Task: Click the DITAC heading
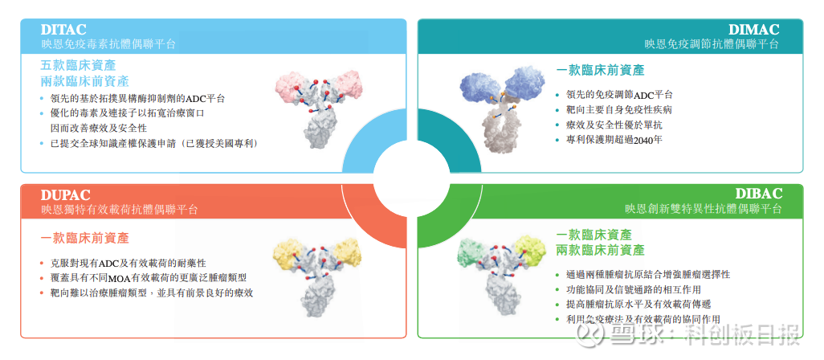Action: point(63,30)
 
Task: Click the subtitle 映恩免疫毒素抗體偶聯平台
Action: point(108,44)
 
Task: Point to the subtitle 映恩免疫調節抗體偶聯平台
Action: point(712,44)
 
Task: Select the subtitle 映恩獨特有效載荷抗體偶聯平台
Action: point(120,210)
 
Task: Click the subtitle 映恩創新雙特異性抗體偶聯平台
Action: point(704,209)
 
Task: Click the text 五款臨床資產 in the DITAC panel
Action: point(78,66)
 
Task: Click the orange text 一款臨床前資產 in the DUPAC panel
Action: point(84,238)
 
